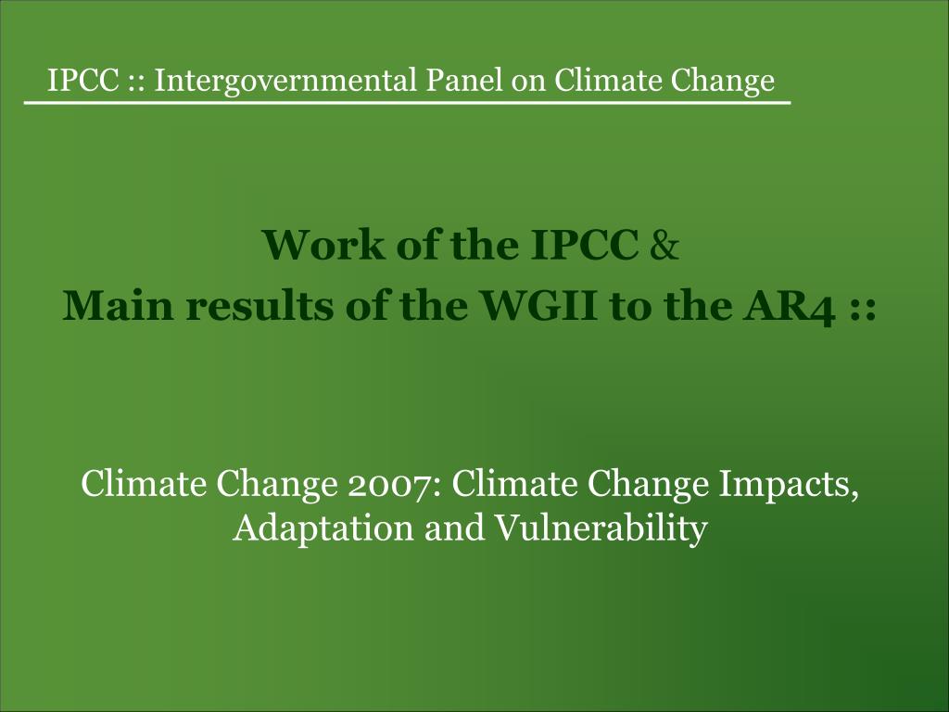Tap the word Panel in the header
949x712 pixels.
(463, 80)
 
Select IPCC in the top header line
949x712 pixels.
(82, 80)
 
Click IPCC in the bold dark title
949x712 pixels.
(585, 245)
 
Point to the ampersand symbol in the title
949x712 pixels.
(664, 245)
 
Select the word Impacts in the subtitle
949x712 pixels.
(789, 485)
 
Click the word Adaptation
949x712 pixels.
(323, 528)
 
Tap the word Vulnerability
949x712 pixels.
(601, 528)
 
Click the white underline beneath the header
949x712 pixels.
(408, 103)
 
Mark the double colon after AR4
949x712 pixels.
(863, 310)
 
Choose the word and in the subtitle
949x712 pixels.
(454, 528)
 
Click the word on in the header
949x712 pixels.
(527, 83)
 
